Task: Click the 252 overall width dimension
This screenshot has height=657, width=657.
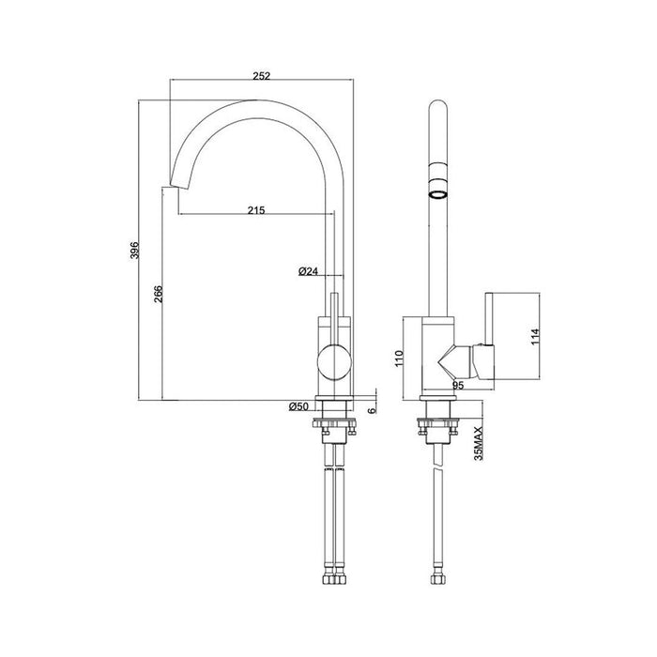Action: click(262, 77)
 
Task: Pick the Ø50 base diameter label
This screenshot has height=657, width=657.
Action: click(301, 405)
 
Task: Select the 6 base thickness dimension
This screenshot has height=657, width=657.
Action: click(372, 409)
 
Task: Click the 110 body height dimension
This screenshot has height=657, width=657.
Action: click(399, 358)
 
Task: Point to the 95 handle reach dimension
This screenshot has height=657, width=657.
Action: click(460, 384)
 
